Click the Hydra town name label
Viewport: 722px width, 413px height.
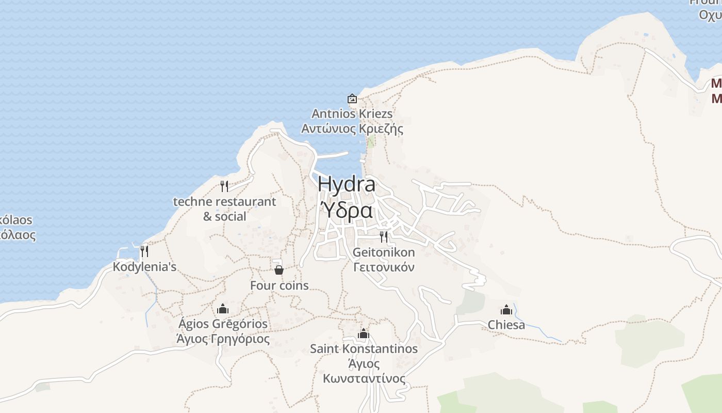(347, 184)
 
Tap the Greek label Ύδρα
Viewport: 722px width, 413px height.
(347, 210)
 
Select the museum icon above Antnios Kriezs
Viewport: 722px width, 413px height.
(352, 99)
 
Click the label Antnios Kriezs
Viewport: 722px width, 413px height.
(352, 114)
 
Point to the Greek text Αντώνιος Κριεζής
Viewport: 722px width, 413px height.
(352, 129)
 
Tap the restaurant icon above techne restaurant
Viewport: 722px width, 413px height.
(224, 186)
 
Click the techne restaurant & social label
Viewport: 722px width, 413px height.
(224, 209)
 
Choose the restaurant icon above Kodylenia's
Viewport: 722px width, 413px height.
(144, 251)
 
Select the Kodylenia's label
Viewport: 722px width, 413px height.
(144, 267)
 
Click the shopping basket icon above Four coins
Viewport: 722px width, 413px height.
(279, 270)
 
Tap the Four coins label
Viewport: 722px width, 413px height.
(279, 285)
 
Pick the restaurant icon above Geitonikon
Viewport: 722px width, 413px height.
(384, 237)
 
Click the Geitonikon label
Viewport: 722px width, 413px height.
(384, 252)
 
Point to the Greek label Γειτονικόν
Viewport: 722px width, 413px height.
(384, 267)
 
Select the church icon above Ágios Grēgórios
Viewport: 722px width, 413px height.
(223, 309)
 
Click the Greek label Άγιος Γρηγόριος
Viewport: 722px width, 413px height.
(223, 339)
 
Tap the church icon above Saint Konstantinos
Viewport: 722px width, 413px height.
(364, 333)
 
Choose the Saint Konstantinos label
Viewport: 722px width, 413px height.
(364, 349)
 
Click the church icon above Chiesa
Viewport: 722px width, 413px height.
(506, 310)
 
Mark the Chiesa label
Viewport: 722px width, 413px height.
(506, 325)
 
